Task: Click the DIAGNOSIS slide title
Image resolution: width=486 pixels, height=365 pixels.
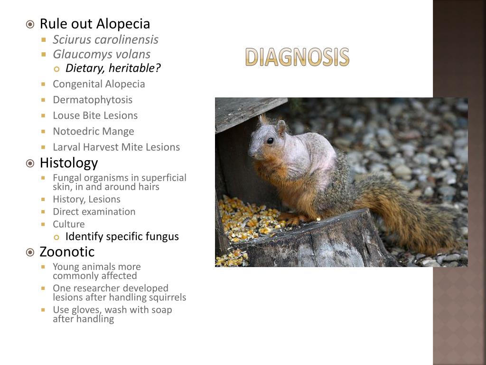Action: (297, 57)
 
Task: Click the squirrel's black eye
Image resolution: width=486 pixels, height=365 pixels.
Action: (270, 141)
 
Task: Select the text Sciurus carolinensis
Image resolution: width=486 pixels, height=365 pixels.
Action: (105, 39)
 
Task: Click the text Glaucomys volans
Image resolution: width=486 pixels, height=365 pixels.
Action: (102, 54)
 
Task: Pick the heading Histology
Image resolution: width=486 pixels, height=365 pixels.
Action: (69, 163)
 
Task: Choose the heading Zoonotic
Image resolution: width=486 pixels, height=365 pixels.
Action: (67, 251)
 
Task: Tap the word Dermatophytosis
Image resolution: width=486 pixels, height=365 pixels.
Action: (93, 100)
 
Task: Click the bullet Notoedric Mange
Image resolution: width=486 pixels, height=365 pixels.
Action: (93, 131)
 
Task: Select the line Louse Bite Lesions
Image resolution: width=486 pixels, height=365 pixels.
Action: (95, 115)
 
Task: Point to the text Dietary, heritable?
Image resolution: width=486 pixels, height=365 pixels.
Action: (113, 68)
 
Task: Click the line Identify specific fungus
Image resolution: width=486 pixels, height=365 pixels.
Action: (122, 237)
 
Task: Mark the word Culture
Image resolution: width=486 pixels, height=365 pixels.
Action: (69, 224)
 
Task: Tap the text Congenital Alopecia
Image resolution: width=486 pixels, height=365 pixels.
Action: (99, 84)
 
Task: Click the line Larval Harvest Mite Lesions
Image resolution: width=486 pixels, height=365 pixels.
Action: (116, 147)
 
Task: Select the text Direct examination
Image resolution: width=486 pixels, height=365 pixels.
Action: (94, 211)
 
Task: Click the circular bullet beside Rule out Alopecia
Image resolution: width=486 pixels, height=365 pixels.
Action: (30, 24)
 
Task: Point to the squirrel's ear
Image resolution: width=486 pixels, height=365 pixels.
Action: (281, 126)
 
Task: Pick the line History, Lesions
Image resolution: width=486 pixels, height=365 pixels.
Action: (86, 199)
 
